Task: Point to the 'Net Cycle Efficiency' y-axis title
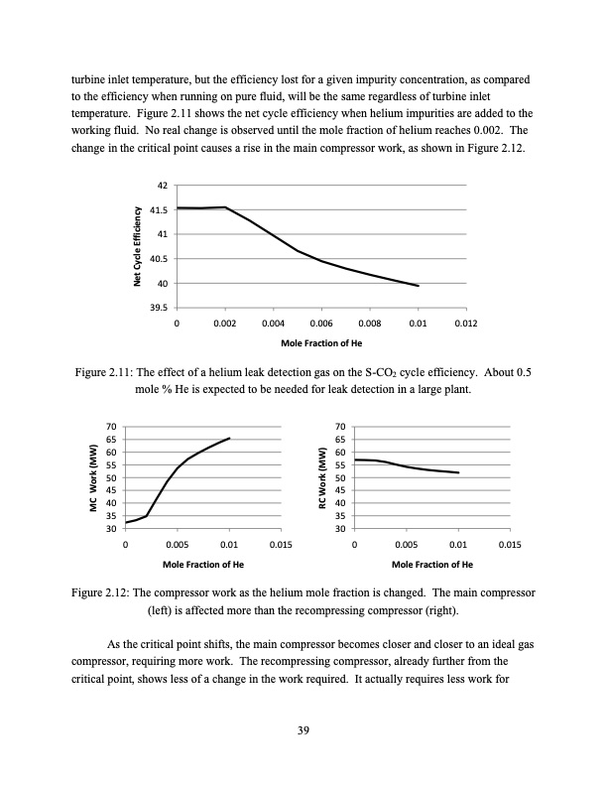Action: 137,246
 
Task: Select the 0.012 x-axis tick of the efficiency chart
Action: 465,324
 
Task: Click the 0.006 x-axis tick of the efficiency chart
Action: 320,324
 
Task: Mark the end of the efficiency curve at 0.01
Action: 418,285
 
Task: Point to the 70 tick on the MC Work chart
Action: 111,427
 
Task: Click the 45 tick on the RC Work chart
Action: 341,491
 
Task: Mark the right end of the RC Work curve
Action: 458,472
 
